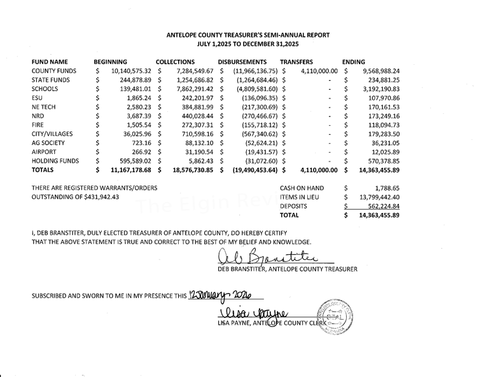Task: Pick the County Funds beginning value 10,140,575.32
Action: pyautogui.click(x=131, y=71)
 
